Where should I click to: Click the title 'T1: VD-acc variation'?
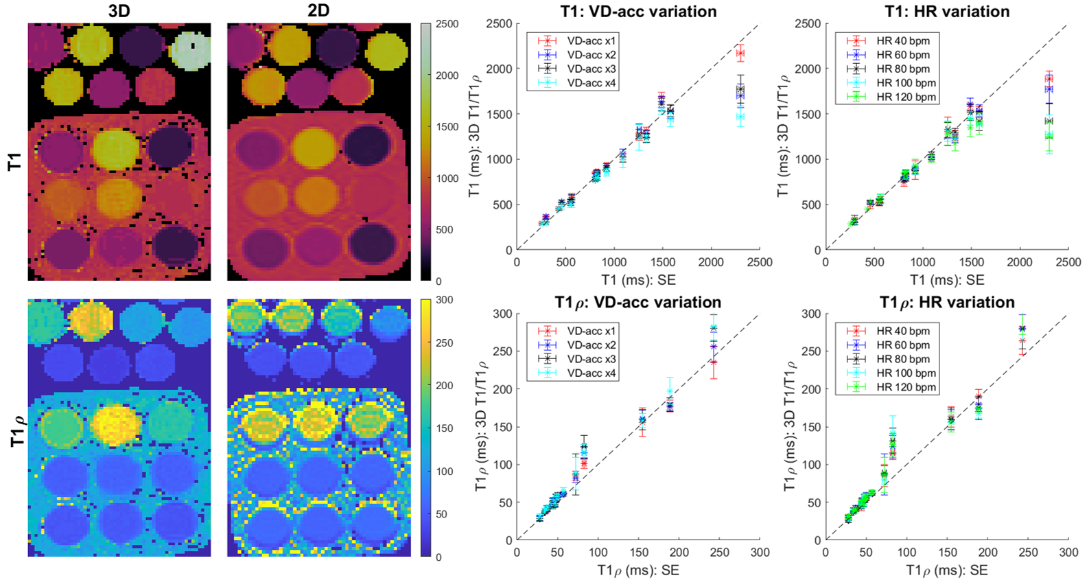[x=637, y=12]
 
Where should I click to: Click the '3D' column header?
[x=119, y=11]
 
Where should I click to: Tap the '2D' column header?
[x=318, y=11]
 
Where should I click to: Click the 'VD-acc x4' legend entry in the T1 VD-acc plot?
[x=591, y=83]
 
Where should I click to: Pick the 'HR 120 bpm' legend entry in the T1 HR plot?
[x=905, y=97]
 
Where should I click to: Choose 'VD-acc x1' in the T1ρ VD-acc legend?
[x=591, y=331]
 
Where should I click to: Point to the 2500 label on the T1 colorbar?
[x=447, y=24]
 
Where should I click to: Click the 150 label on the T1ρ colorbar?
[x=444, y=428]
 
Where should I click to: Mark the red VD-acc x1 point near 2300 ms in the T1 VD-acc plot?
[x=740, y=54]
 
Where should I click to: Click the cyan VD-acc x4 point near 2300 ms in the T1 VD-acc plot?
[x=740, y=117]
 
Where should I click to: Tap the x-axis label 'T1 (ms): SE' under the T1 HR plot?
[x=946, y=279]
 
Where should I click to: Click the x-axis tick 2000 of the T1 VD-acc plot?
[x=711, y=262]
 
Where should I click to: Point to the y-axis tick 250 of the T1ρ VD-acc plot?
[x=504, y=351]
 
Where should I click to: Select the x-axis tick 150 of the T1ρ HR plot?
[x=947, y=552]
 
